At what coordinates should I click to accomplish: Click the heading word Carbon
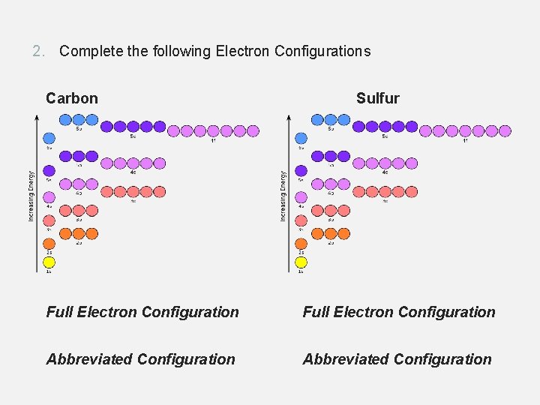tap(72, 98)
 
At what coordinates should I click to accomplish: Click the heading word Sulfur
tap(377, 98)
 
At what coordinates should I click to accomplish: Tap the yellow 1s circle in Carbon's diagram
tap(49, 262)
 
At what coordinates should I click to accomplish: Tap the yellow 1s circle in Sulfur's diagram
tap(301, 262)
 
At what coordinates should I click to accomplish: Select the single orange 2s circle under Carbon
tap(49, 244)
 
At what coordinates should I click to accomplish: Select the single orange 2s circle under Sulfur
tap(301, 244)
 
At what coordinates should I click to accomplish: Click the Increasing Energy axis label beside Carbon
tap(31, 196)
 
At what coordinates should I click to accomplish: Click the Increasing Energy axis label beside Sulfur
tap(283, 196)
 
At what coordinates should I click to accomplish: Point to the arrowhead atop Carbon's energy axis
tap(37, 116)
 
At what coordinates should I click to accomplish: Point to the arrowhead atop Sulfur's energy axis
tap(289, 116)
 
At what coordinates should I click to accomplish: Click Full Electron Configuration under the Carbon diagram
tap(142, 312)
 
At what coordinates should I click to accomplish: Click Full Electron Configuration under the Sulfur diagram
tap(399, 312)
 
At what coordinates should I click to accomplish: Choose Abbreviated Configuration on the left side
tap(140, 359)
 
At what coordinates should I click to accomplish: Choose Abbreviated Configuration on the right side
tap(397, 359)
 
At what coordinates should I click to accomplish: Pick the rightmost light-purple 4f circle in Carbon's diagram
tap(253, 130)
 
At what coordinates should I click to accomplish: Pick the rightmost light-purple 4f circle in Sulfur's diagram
tap(505, 130)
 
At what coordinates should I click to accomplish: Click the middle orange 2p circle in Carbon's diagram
tap(78, 233)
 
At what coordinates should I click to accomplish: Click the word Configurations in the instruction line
tap(322, 51)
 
